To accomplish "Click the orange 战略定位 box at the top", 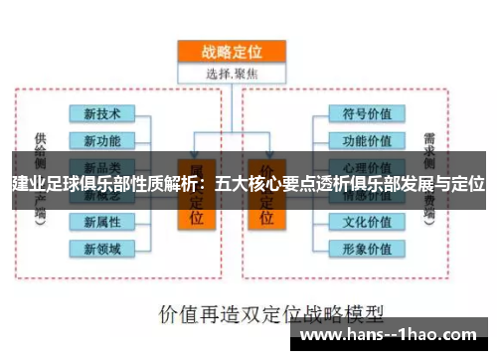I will point(230,50).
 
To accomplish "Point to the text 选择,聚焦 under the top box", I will point(230,72).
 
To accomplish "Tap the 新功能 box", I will point(102,139).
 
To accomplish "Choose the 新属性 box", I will point(102,221).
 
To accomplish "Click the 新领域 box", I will point(102,248).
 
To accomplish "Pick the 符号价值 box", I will point(367,112).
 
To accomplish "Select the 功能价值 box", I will point(367,139).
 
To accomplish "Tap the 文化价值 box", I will point(367,221).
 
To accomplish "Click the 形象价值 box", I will point(367,248).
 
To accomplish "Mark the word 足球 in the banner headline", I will point(65,184).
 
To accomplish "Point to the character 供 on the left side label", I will point(40,137).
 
